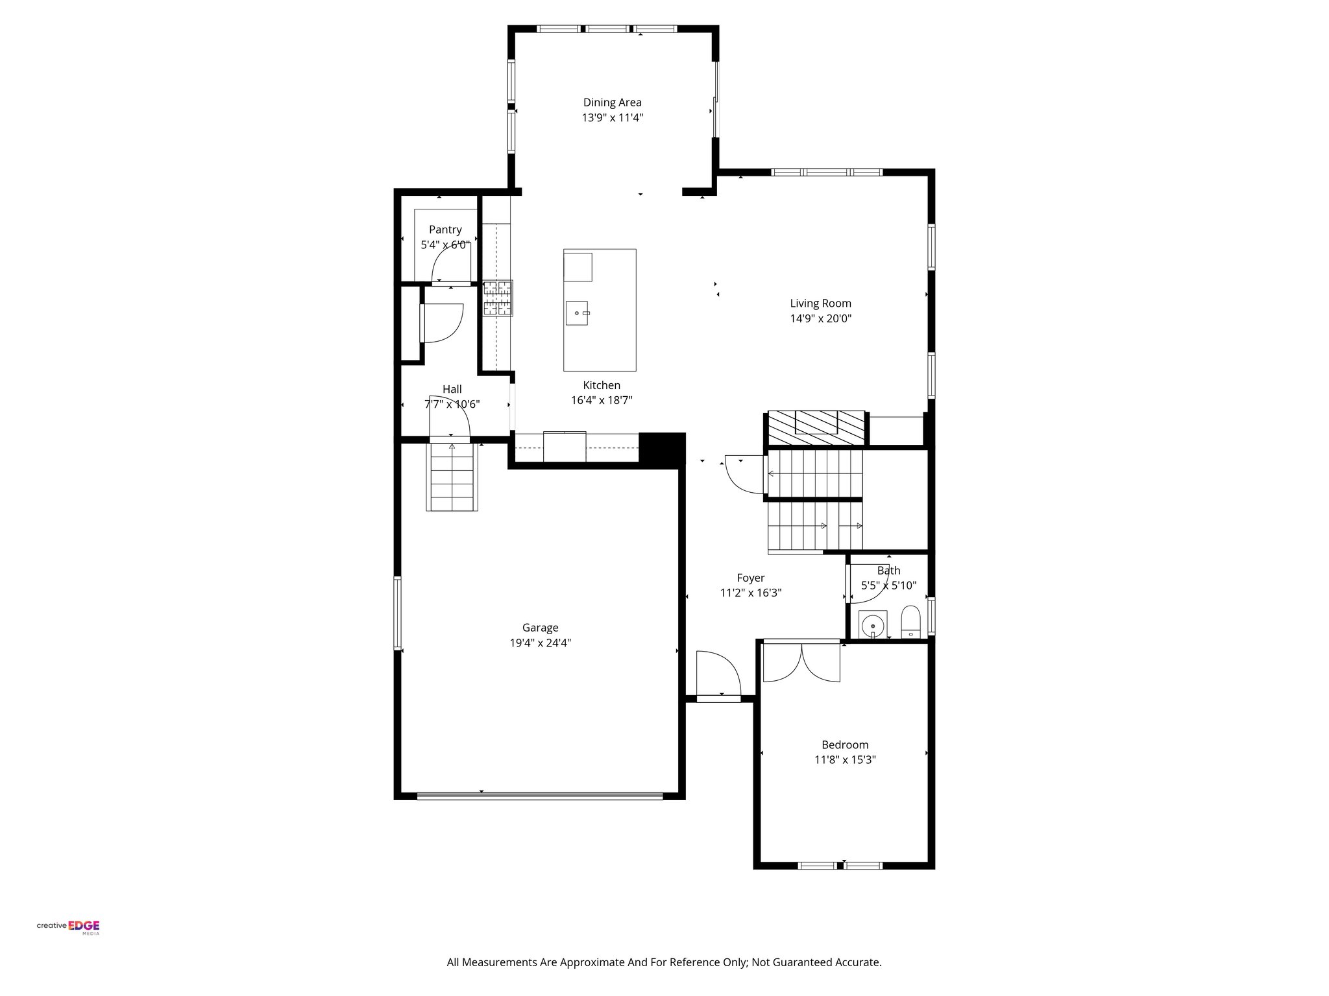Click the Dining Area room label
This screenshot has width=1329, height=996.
[612, 102]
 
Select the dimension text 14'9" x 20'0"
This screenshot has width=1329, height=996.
[820, 318]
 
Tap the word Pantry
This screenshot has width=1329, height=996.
[445, 230]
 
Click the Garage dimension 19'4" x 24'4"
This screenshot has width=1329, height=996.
[540, 643]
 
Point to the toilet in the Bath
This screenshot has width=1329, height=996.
[910, 622]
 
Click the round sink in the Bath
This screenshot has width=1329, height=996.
[873, 625]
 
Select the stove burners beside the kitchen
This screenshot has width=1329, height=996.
[497, 298]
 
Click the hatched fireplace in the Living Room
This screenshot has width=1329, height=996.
[816, 427]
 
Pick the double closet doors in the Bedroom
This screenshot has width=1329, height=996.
[801, 661]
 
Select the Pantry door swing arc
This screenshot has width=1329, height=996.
[450, 265]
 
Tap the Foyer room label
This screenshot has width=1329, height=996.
[751, 578]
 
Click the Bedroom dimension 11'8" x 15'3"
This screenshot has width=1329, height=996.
[845, 760]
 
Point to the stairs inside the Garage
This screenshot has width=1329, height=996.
[452, 477]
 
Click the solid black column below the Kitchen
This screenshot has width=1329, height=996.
[662, 448]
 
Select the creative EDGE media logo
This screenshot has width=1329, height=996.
[68, 927]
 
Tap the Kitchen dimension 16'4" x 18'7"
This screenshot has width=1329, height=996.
[602, 401]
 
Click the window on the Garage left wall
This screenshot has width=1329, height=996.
[398, 613]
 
